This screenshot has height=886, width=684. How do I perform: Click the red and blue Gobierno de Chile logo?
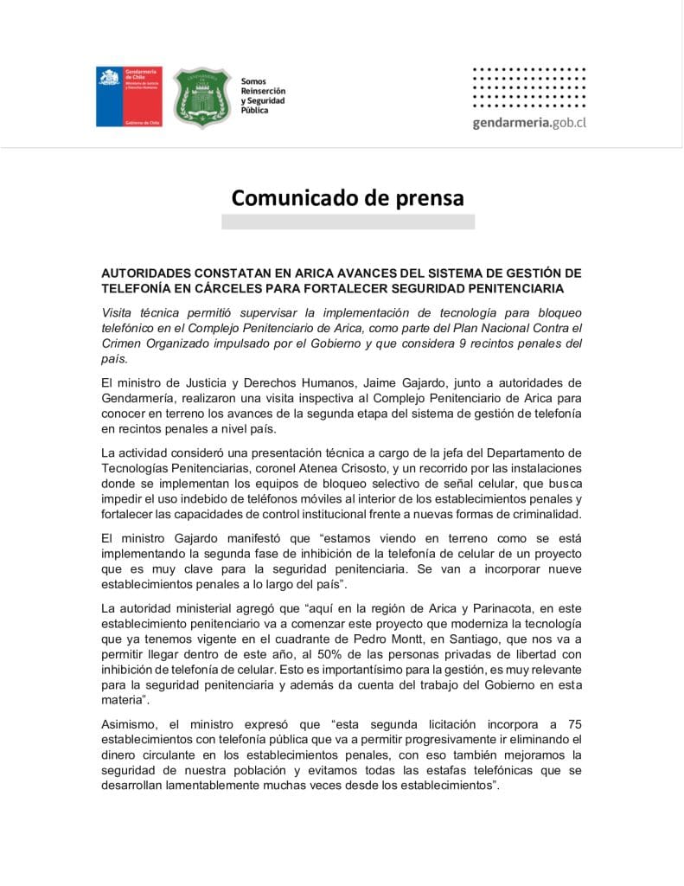pyautogui.click(x=129, y=97)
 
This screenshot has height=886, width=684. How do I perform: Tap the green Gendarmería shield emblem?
pyautogui.click(x=201, y=97)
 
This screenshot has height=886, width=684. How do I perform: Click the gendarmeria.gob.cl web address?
pyautogui.click(x=529, y=123)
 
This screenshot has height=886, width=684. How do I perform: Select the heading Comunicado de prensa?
pyautogui.click(x=348, y=198)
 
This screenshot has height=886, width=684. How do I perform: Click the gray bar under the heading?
pyautogui.click(x=348, y=222)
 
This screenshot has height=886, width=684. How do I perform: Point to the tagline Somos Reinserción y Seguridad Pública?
pyautogui.click(x=263, y=96)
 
